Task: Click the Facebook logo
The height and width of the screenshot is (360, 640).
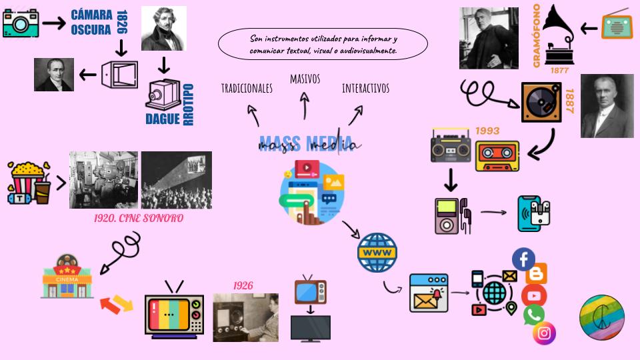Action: (523, 259)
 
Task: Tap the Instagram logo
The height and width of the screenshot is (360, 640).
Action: (544, 333)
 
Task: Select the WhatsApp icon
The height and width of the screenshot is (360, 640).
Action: (534, 314)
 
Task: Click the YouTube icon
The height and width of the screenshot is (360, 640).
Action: (534, 295)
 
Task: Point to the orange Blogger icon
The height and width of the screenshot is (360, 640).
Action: (536, 274)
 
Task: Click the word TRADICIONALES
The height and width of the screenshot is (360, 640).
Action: (247, 88)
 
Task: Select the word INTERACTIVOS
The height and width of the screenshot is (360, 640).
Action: (365, 88)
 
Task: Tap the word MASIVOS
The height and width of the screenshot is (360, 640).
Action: (305, 79)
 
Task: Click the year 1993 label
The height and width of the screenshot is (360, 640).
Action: (487, 131)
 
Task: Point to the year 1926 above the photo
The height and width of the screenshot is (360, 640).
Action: (243, 285)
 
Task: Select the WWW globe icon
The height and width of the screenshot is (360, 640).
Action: (377, 253)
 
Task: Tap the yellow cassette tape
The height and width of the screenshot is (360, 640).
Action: (497, 155)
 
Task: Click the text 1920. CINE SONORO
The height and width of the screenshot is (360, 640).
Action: (139, 218)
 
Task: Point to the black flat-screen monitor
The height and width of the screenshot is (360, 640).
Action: (310, 327)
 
